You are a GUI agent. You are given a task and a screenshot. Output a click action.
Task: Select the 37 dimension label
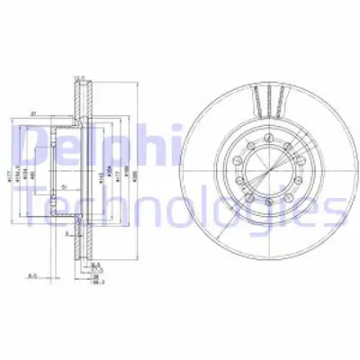click(56, 112)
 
